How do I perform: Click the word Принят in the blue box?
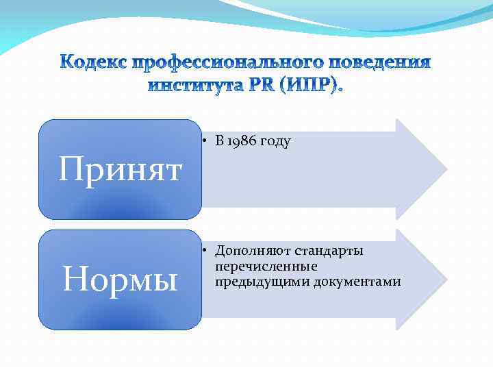[120, 169]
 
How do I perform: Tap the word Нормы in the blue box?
[120, 279]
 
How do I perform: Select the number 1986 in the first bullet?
[241, 142]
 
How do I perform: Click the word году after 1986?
[275, 142]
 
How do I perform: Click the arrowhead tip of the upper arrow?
[446, 169]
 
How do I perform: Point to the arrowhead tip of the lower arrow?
[446, 279]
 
